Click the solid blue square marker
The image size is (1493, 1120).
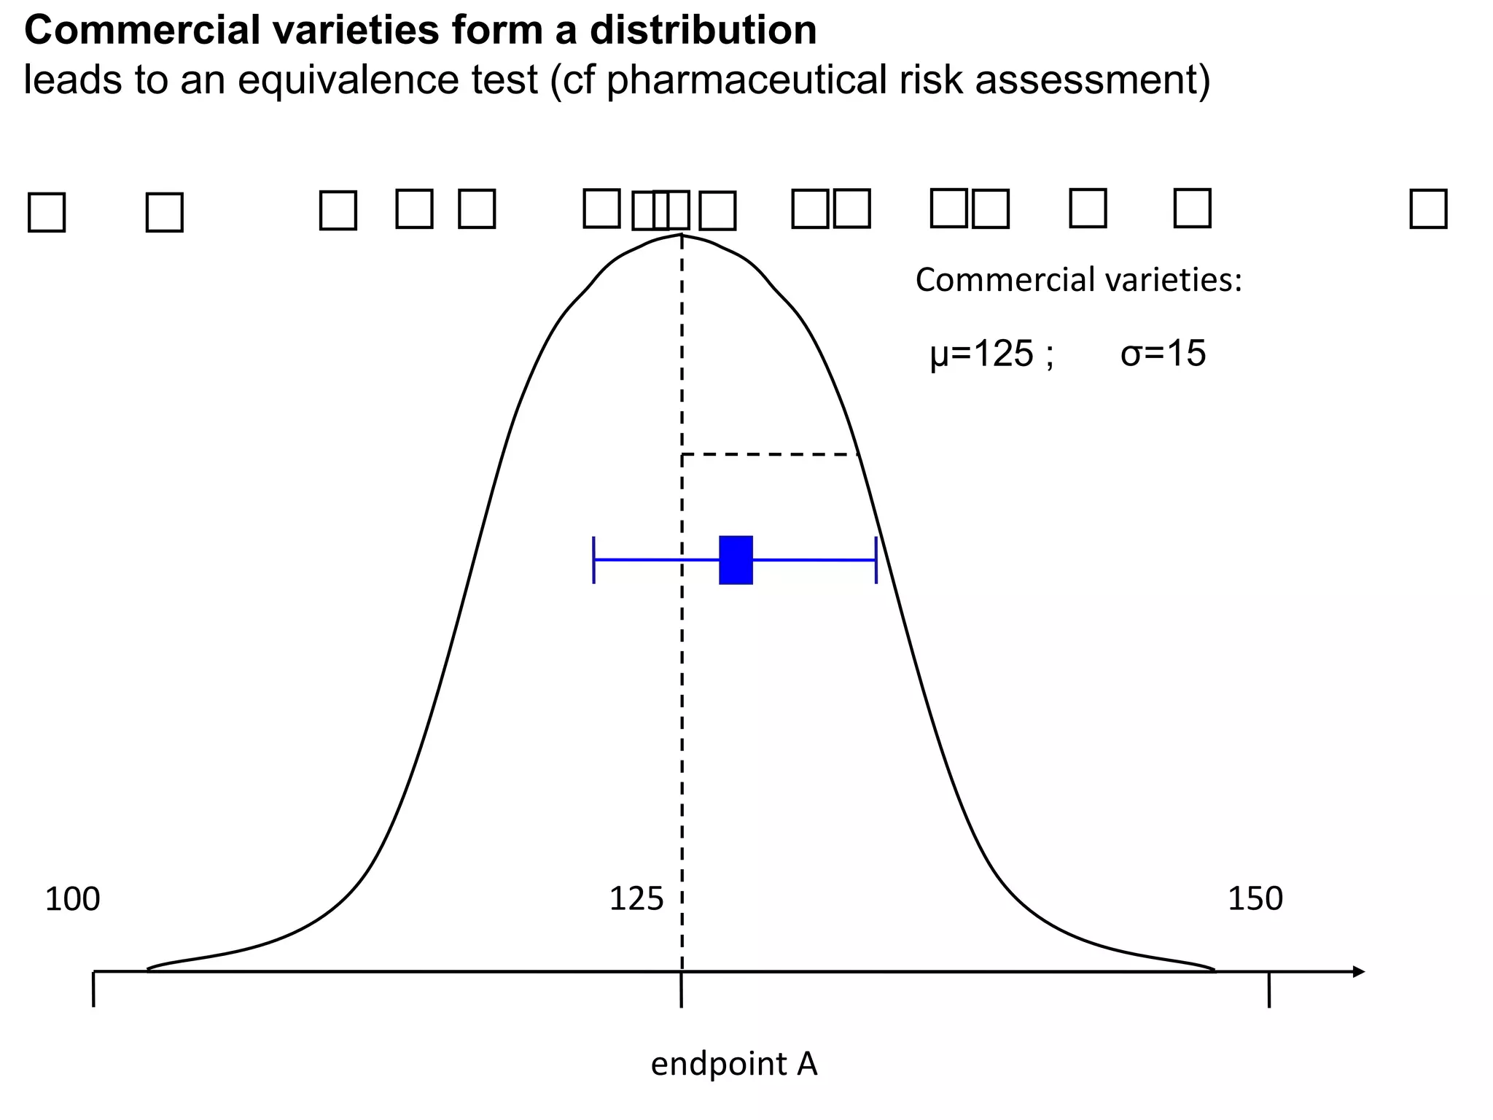pyautogui.click(x=736, y=560)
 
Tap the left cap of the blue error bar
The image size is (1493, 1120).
pyautogui.click(x=594, y=560)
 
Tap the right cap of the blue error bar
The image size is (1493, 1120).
pyautogui.click(x=876, y=560)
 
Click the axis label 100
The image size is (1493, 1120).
pyautogui.click(x=72, y=900)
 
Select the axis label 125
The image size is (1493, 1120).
pyautogui.click(x=636, y=899)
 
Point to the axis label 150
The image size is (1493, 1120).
pyautogui.click(x=1255, y=899)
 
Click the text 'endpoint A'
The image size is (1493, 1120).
pyautogui.click(x=733, y=1064)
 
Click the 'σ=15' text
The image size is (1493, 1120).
pyautogui.click(x=1163, y=354)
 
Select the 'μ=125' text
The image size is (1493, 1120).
pyautogui.click(x=982, y=354)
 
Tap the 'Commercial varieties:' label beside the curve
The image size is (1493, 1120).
pyautogui.click(x=1078, y=280)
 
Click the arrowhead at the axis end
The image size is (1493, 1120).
pyautogui.click(x=1357, y=971)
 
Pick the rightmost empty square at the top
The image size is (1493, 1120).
pyautogui.click(x=1428, y=209)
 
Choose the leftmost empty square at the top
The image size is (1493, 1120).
pyautogui.click(x=47, y=212)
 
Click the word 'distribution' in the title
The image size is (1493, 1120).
pyautogui.click(x=703, y=31)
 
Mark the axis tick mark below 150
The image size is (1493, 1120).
pyautogui.click(x=1269, y=990)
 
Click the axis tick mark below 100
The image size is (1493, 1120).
pyautogui.click(x=94, y=990)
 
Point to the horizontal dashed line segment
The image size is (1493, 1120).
pyautogui.click(x=769, y=454)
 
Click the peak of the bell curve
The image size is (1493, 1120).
pyautogui.click(x=682, y=235)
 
